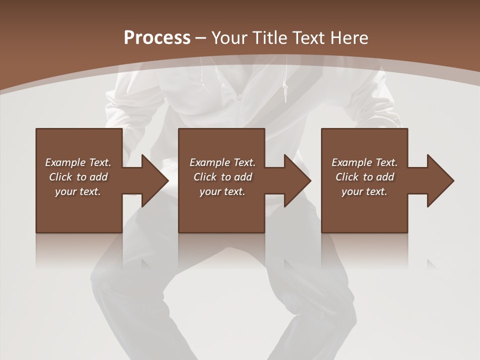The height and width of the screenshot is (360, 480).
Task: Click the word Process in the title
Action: [157, 38]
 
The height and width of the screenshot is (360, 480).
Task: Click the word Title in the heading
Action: [267, 38]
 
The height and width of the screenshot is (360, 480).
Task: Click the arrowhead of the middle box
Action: [300, 180]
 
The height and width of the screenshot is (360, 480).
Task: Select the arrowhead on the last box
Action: [442, 180]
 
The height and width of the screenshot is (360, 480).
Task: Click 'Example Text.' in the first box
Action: [78, 162]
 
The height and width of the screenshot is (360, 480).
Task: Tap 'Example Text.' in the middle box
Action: [222, 162]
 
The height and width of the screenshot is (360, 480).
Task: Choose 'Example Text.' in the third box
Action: [364, 162]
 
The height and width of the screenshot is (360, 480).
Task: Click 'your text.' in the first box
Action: [78, 191]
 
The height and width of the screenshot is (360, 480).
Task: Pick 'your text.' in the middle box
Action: [222, 191]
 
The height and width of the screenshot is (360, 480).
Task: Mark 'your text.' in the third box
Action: [364, 191]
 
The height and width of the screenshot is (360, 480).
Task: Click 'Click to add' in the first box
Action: [78, 177]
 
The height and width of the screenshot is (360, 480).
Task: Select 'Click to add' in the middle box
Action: [222, 177]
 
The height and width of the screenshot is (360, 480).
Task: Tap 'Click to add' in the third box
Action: [364, 177]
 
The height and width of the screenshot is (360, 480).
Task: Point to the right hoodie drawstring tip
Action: [285, 97]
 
